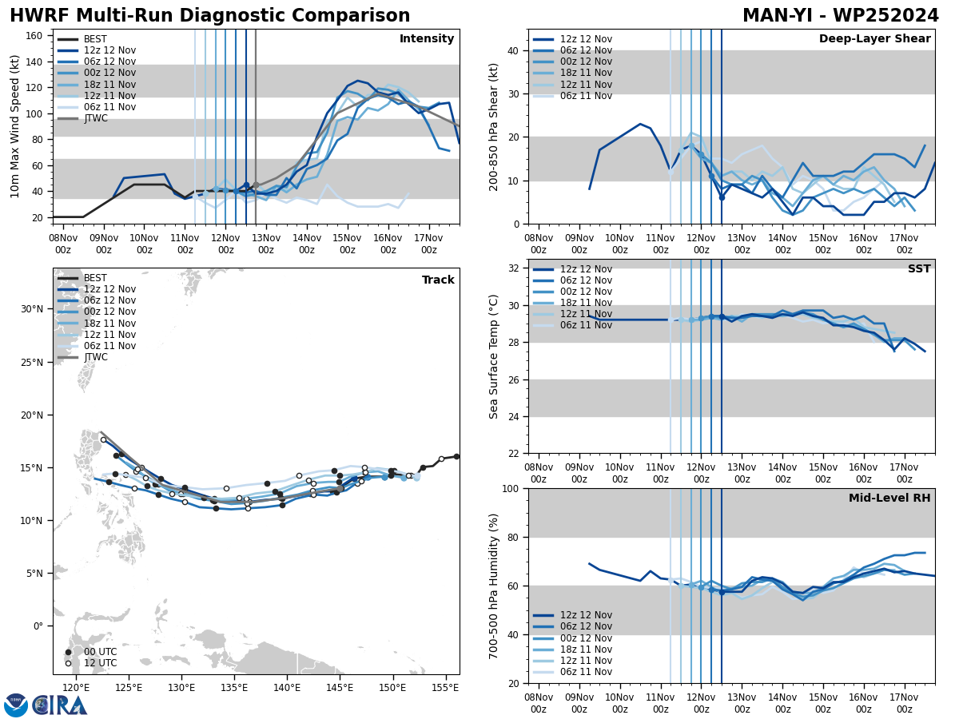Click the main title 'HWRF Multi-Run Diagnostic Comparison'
209,16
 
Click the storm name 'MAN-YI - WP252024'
840,16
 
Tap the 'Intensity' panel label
427,39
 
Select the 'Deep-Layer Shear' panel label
874,39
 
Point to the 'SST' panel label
919,269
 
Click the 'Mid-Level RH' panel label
889,499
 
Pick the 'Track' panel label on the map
438,280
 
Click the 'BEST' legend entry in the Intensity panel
95,39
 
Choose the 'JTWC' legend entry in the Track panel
95,357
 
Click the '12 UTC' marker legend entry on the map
101,663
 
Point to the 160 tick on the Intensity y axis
35,35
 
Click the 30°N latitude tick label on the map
31,309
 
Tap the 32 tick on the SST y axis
514,268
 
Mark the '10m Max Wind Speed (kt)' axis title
15,126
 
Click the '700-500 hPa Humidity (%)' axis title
495,586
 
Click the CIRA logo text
61,705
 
